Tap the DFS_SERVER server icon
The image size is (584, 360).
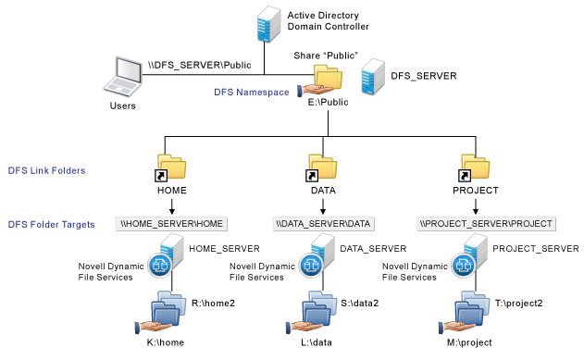373,80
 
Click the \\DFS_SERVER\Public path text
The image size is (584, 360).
186,66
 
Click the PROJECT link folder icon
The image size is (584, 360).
478,168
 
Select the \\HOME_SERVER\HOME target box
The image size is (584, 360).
172,224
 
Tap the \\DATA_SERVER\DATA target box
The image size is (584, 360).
325,224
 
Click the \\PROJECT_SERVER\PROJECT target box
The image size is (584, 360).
486,224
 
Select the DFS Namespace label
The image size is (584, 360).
253,90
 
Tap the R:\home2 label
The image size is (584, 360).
212,302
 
